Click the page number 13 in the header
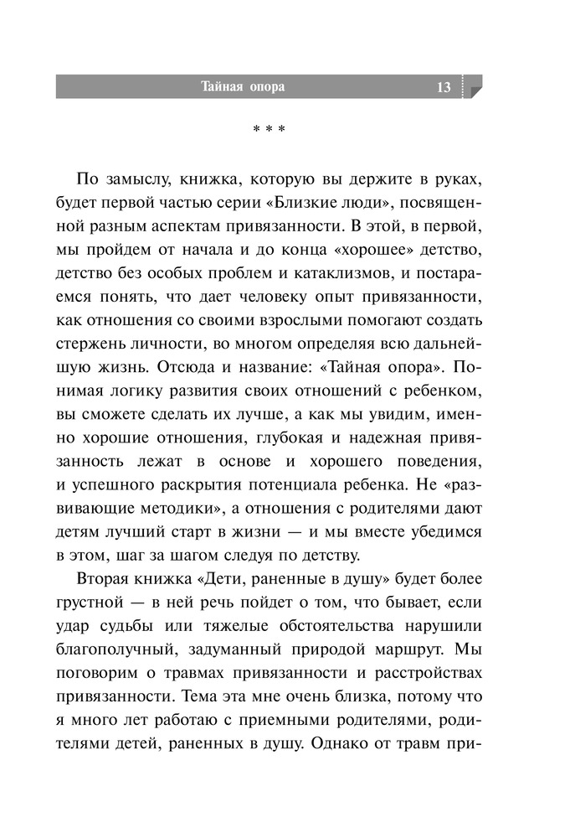pos(444,87)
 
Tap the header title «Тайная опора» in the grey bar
pos(243,86)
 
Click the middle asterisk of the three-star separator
pos(270,131)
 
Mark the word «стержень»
pos(107,344)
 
